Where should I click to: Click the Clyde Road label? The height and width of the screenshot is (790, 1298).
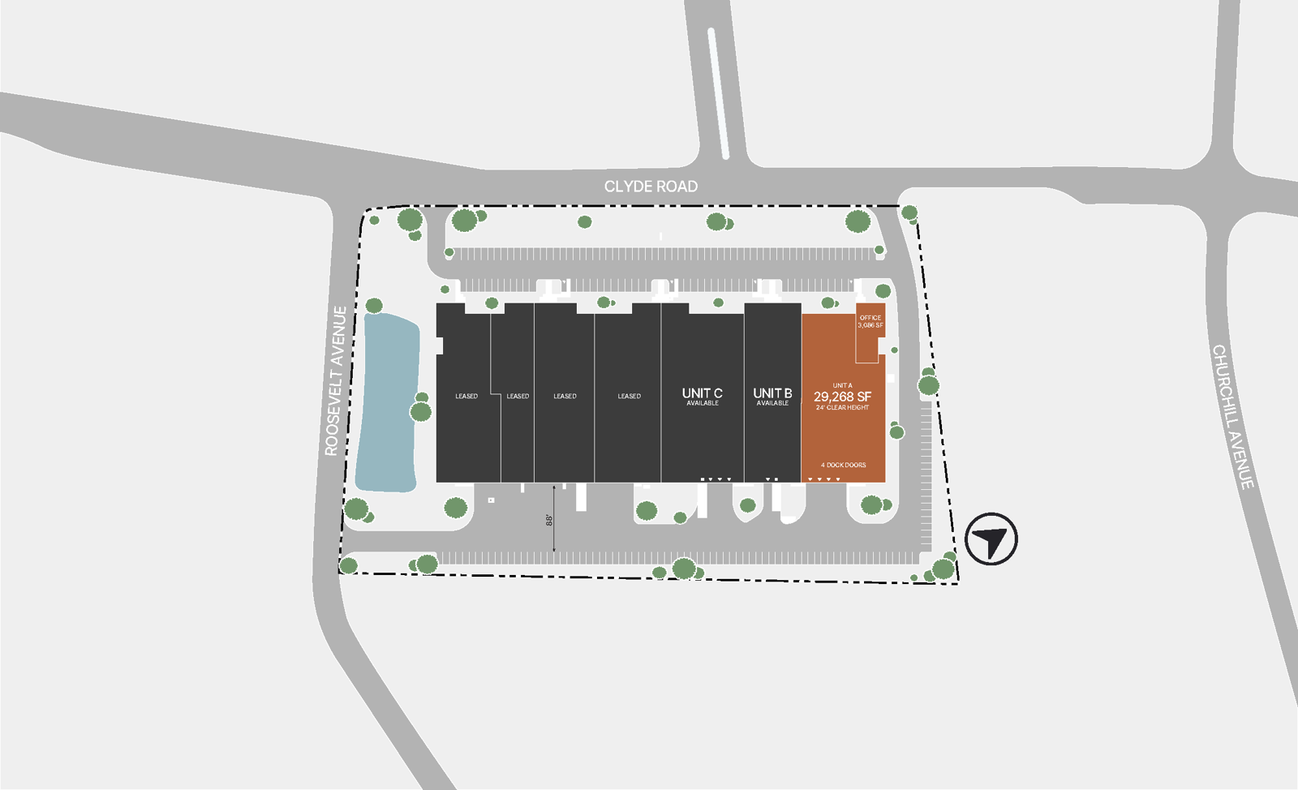[651, 187]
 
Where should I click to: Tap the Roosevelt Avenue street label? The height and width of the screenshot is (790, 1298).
[336, 380]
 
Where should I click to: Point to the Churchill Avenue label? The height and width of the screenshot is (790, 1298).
[1233, 417]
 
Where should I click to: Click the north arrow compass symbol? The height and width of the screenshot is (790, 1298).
[991, 539]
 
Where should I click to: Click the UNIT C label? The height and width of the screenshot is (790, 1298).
[702, 393]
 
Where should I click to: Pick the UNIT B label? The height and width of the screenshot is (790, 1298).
[772, 393]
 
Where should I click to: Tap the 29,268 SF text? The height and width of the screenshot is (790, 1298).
[842, 397]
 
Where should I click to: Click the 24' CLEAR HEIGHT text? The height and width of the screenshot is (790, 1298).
[842, 408]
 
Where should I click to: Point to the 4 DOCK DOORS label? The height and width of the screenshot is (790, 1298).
[843, 466]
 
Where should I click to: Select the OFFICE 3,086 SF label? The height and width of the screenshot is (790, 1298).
[870, 321]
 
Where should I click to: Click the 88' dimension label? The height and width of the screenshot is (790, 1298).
[549, 519]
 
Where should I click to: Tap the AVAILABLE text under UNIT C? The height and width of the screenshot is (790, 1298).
[703, 403]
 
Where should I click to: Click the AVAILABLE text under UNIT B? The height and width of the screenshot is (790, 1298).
[772, 403]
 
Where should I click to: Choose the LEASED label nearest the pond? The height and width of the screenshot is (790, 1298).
[466, 397]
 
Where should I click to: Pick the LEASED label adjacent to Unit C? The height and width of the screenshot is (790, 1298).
[629, 397]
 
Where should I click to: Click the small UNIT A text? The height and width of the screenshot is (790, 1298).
[842, 385]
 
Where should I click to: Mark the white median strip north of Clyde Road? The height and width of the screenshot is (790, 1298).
[718, 93]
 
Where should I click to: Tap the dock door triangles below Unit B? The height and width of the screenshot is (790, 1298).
[771, 479]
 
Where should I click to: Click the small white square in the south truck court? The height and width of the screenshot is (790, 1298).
[491, 500]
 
